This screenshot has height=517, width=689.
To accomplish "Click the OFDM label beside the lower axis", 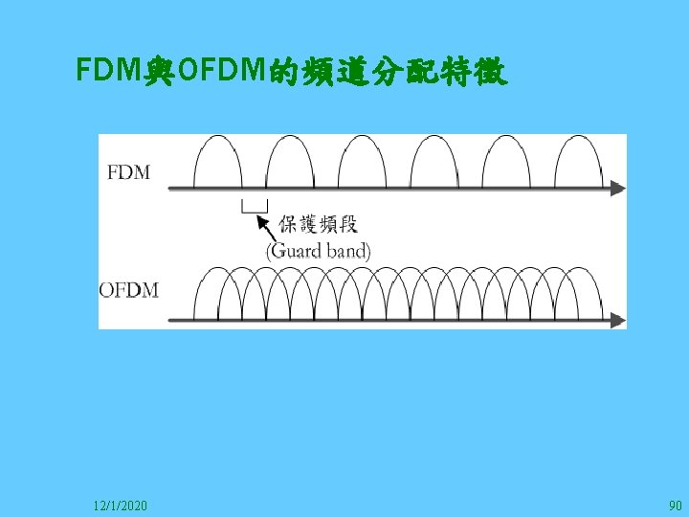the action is point(129,289).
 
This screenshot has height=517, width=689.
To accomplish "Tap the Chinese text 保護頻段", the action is point(318,226).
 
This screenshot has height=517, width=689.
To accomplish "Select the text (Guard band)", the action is point(318,251).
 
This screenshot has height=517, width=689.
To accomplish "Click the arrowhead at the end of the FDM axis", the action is point(617,189).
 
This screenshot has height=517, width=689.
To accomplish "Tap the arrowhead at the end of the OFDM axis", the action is point(617,319).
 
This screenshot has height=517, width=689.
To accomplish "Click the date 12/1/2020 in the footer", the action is point(121,504).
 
